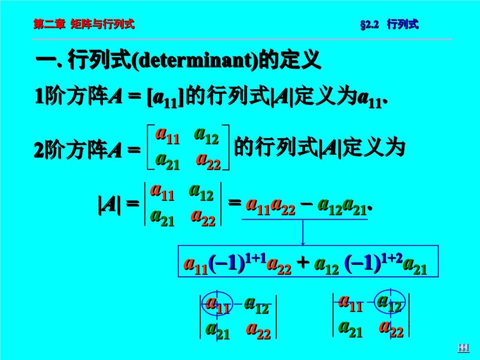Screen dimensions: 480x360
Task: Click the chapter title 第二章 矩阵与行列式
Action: pos(84,24)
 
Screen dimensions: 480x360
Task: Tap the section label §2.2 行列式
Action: pos(389,24)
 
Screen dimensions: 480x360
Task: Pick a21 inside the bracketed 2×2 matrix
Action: pos(167,161)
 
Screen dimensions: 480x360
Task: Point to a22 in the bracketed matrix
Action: pos(208,161)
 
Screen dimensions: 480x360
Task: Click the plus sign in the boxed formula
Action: pos(303,263)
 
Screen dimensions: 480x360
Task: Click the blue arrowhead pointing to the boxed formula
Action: pos(303,243)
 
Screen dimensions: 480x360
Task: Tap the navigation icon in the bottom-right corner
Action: pos(463,347)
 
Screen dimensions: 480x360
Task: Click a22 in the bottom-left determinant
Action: pos(258,330)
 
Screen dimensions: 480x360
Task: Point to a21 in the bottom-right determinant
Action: pos(350,329)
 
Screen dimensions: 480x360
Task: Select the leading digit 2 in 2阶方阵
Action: pos(39,150)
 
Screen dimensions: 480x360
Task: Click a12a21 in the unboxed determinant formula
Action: pos(342,206)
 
